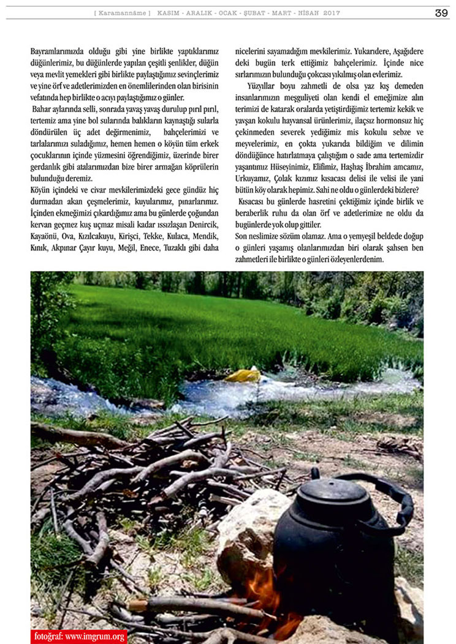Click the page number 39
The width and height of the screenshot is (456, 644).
441,13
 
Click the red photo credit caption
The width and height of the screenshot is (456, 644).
79,636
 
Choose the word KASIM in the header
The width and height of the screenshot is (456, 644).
169,13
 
